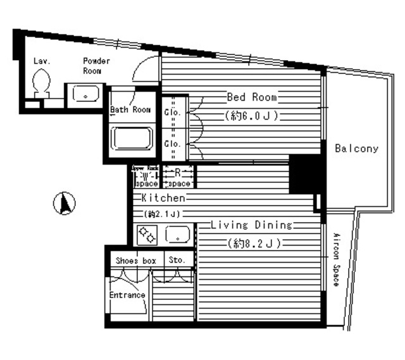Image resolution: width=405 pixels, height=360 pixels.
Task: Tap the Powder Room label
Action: (x=96, y=66)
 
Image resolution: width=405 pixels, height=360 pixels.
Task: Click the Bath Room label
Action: (x=130, y=109)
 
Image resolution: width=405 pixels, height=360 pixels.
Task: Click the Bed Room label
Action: (x=252, y=97)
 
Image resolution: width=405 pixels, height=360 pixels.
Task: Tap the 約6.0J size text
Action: (x=252, y=116)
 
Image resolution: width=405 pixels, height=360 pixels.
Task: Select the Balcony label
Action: (x=356, y=149)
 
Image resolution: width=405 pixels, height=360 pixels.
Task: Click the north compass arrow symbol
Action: (x=66, y=204)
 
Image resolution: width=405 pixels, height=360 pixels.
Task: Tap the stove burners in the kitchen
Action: (x=147, y=235)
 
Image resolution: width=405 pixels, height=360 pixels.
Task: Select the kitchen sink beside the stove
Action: (x=178, y=235)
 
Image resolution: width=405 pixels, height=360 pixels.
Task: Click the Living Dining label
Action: (x=251, y=225)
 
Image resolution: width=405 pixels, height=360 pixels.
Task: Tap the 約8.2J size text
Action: (x=252, y=243)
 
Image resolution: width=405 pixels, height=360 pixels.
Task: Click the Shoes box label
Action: (x=135, y=260)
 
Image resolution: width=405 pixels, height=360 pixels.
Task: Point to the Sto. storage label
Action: (x=176, y=260)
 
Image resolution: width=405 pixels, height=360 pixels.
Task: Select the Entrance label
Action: (x=127, y=295)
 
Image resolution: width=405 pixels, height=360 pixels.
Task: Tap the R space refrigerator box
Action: (x=179, y=177)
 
